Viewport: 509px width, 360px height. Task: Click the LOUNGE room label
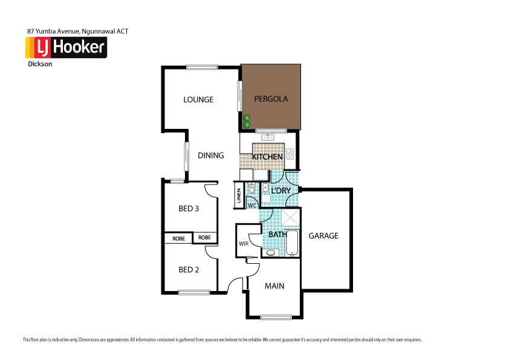coord(198,99)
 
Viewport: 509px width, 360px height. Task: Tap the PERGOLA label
coord(270,99)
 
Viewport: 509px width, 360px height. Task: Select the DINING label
coord(210,155)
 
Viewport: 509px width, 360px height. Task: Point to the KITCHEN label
coord(267,157)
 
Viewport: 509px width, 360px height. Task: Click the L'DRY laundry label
coord(280,191)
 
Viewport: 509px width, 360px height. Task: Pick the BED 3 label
coord(189,209)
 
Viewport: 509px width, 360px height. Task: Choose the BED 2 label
coord(189,270)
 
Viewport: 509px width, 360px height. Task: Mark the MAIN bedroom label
coord(274,286)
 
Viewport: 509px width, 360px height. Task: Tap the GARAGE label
coord(323,236)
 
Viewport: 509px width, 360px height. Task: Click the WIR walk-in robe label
coord(244,244)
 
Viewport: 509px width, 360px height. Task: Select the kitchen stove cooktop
coord(290,154)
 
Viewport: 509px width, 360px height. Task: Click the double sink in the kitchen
coord(266,137)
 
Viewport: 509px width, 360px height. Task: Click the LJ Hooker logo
coord(66,47)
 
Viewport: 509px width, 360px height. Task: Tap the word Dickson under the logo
coord(40,63)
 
